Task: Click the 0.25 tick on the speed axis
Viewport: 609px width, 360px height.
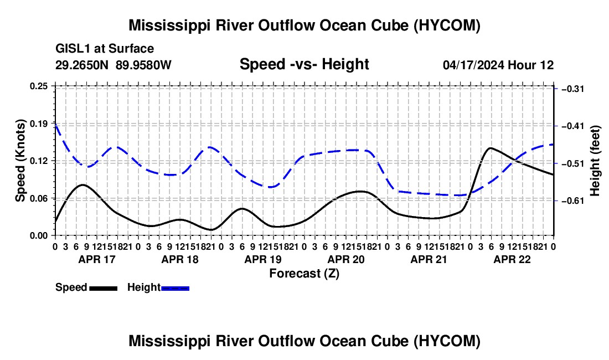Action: [39, 86]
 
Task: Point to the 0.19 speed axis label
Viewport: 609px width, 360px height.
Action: [39, 124]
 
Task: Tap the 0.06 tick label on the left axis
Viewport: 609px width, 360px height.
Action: [39, 198]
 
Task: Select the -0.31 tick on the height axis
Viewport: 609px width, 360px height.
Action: [573, 89]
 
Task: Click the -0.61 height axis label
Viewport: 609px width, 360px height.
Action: [573, 201]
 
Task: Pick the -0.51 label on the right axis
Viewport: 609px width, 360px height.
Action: [573, 163]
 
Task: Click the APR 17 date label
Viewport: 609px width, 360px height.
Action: [97, 259]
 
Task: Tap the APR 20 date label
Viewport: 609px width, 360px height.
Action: [346, 259]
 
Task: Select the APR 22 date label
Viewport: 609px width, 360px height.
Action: [512, 259]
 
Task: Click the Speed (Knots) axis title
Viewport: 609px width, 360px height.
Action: [20, 161]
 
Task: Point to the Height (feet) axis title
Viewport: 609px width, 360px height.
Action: [595, 161]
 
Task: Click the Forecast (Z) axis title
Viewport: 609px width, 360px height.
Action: [304, 274]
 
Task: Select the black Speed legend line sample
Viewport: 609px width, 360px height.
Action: [104, 289]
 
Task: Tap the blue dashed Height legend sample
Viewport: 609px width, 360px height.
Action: [175, 289]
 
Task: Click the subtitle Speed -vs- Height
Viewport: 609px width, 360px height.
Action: [304, 64]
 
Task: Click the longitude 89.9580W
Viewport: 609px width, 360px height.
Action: [143, 65]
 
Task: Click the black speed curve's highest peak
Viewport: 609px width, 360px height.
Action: [491, 148]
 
